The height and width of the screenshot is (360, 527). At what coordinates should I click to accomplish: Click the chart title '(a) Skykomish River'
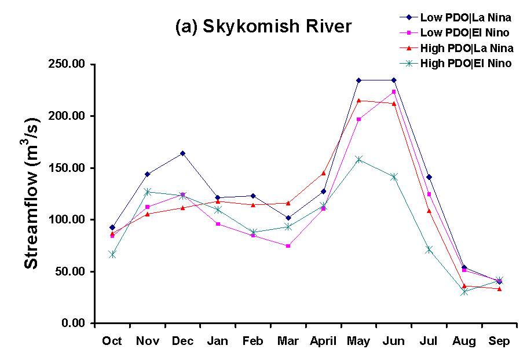tap(263, 27)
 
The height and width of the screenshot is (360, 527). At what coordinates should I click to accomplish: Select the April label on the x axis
tap(323, 341)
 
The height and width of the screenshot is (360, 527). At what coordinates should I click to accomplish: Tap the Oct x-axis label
tap(112, 341)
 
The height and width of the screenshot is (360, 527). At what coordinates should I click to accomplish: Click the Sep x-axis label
tap(499, 341)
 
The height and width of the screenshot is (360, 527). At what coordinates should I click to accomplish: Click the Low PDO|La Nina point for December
tap(182, 153)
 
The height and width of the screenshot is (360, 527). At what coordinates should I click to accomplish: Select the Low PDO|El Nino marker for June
tap(394, 91)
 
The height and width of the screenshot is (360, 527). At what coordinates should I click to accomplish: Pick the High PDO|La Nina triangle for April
tap(323, 173)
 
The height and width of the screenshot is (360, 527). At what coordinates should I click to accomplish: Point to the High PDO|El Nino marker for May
tap(358, 159)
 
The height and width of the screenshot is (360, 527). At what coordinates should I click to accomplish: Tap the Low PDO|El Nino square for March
tap(288, 245)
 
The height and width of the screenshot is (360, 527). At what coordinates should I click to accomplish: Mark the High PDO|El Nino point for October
tap(112, 254)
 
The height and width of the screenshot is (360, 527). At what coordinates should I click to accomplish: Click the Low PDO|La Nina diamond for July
tap(429, 177)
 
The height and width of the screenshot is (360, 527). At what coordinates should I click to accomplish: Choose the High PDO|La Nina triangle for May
tap(358, 101)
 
